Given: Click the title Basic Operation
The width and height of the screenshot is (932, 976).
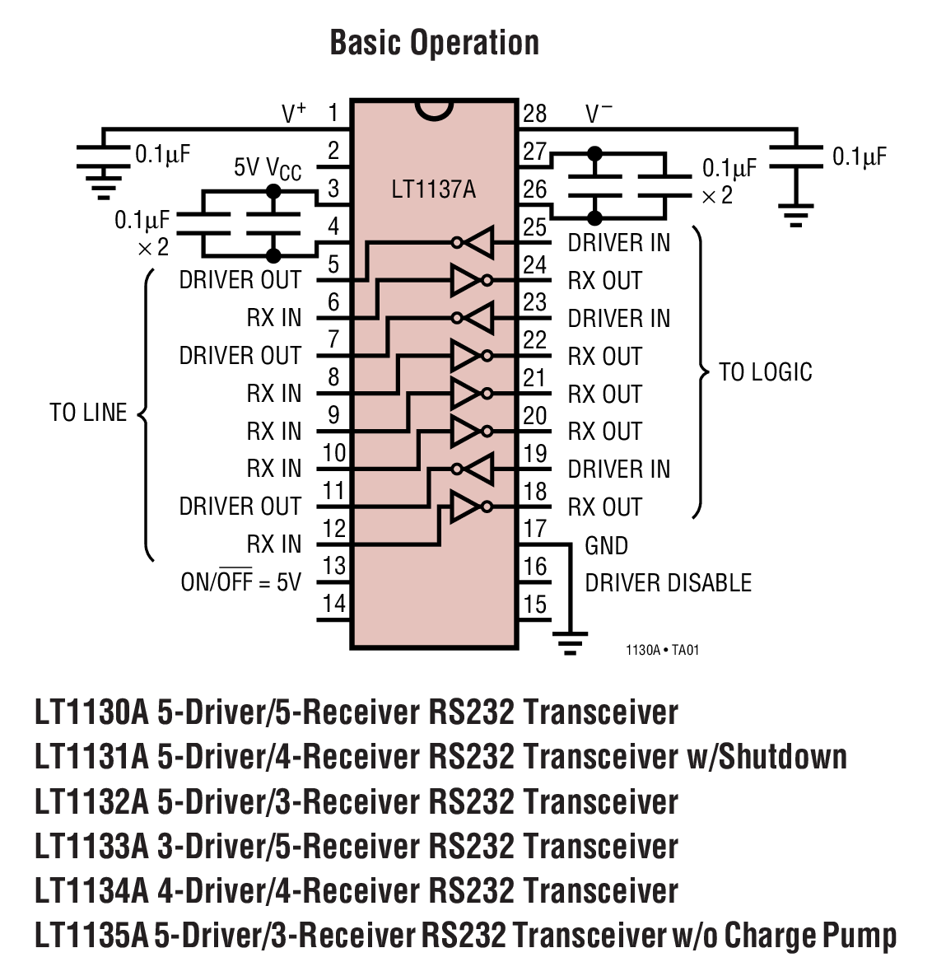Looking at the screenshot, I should click(434, 43).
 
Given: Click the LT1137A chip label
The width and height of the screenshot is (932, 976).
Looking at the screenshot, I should click(433, 189).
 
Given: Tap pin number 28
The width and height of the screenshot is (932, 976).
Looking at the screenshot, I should click(534, 114).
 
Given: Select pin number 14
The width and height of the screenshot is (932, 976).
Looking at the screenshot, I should click(333, 604).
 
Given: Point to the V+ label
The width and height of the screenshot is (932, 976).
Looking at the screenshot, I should click(294, 114).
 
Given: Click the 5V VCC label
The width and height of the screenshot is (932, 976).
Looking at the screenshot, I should click(268, 169).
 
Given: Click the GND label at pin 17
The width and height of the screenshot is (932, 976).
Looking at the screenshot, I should click(606, 546).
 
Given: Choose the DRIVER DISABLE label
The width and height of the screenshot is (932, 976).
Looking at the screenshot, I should click(668, 583).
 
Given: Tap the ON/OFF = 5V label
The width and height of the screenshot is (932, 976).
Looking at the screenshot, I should click(241, 582).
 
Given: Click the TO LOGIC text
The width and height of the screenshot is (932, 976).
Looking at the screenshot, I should click(765, 372).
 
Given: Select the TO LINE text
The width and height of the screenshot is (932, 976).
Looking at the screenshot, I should click(88, 413).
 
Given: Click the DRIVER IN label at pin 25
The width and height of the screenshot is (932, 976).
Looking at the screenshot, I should click(619, 243).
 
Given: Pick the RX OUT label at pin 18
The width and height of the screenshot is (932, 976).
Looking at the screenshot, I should click(604, 507).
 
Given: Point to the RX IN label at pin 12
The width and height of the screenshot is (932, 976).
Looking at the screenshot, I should click(274, 544).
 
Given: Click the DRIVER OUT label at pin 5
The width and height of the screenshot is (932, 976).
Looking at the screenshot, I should click(240, 280).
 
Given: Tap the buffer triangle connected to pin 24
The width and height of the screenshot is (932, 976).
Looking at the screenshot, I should click(465, 281).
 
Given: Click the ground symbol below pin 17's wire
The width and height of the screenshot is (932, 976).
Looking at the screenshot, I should click(569, 642).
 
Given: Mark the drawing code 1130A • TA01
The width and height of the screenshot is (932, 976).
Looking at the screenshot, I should click(662, 650).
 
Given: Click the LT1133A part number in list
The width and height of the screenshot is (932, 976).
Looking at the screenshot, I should click(91, 847).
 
